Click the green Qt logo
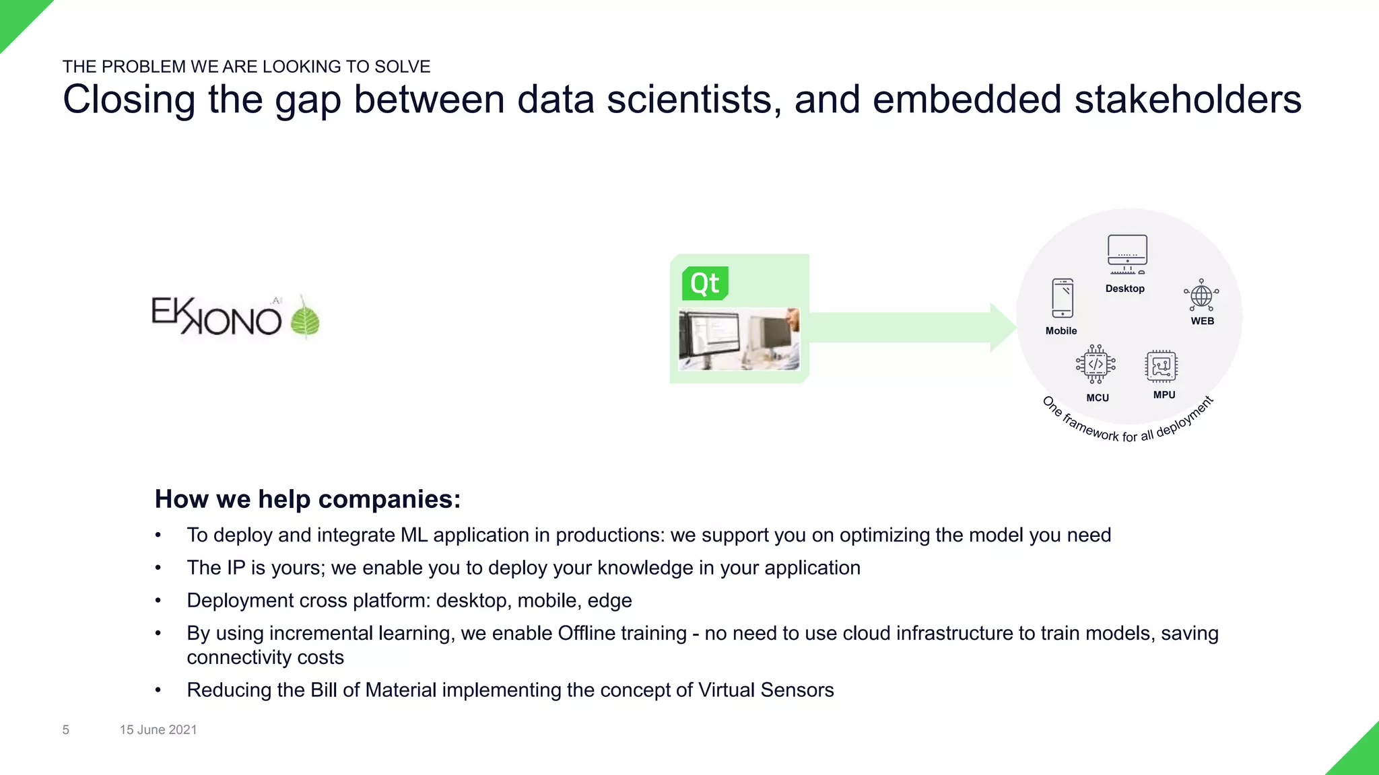click(705, 283)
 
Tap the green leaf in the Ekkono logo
click(305, 320)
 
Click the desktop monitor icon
click(1127, 254)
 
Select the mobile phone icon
click(1063, 298)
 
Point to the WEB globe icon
click(1201, 295)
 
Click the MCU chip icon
click(1096, 365)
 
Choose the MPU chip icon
click(1161, 367)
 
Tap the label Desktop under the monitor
click(1124, 289)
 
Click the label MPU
click(1164, 395)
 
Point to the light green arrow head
click(1003, 328)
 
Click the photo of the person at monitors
click(739, 339)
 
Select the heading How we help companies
click(308, 499)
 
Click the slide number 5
click(66, 730)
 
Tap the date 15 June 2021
click(158, 730)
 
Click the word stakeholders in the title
click(1188, 100)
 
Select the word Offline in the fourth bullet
click(586, 633)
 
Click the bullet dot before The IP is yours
click(158, 568)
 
